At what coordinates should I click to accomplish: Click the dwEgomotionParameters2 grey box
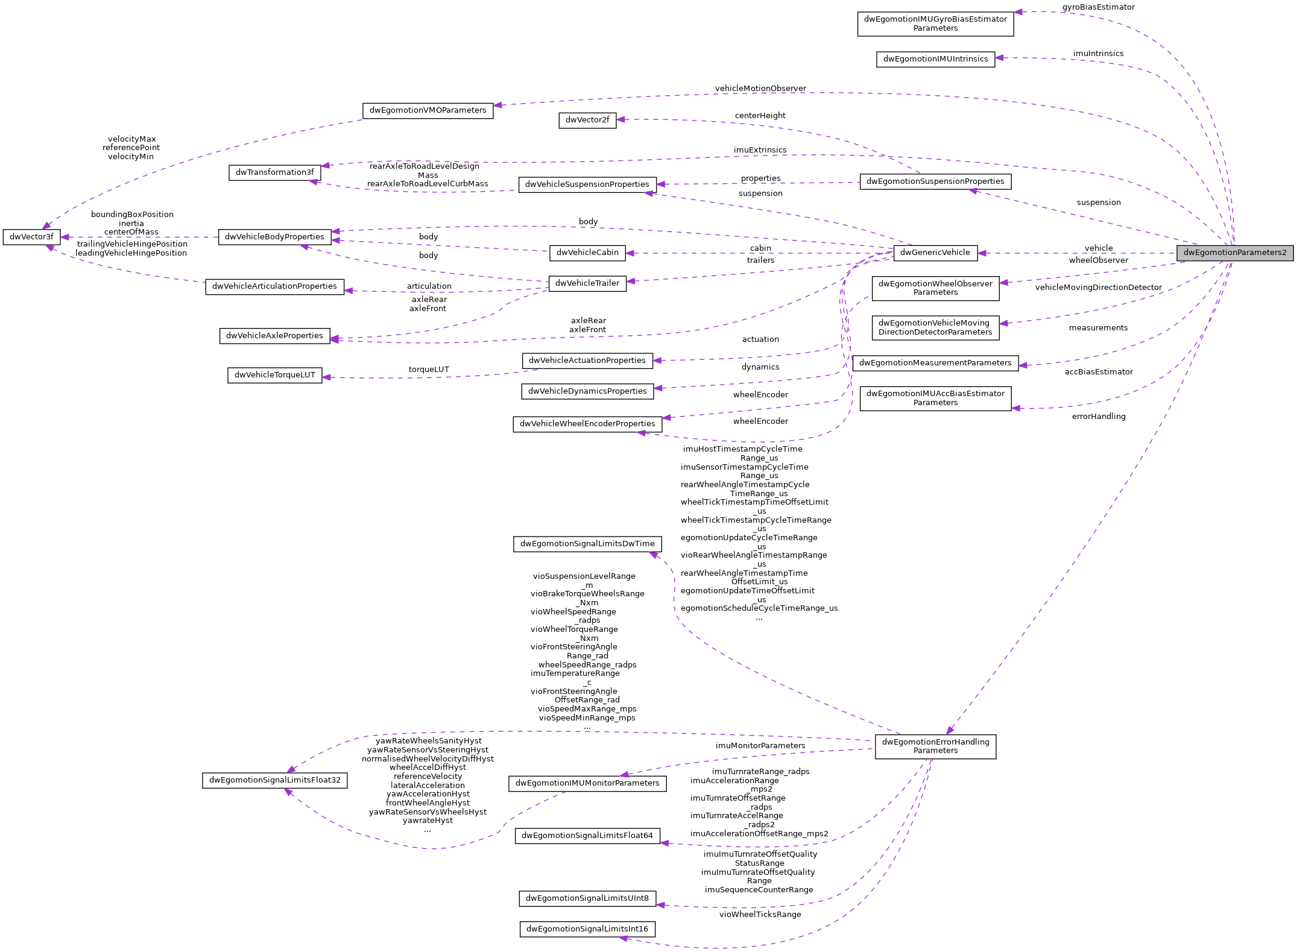pos(1234,253)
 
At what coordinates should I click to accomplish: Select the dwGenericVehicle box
pos(935,253)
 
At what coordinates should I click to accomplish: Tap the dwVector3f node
pos(31,237)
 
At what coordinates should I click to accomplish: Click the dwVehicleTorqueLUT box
pos(274,375)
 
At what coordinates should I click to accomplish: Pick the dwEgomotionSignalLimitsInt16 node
pos(587,929)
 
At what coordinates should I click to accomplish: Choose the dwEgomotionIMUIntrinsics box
pos(935,59)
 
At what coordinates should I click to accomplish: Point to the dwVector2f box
pos(587,120)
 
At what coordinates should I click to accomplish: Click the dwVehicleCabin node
pos(587,253)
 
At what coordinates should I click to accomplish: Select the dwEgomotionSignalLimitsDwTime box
pos(587,544)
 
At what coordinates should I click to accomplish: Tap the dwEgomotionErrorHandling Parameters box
pos(935,746)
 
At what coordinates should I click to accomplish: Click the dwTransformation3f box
pos(274,172)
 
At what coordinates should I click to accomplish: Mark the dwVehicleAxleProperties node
pos(274,336)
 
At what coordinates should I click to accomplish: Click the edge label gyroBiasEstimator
pos(1098,7)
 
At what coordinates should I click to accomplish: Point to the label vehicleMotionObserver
pos(760,89)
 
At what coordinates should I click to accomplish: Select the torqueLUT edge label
pos(429,370)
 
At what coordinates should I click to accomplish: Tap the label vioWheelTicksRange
pos(760,915)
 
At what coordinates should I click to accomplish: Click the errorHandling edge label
pos(1098,417)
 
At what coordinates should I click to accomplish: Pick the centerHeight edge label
pos(760,116)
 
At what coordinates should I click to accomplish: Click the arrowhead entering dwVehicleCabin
pos(630,253)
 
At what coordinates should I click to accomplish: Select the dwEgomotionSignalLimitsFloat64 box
pos(587,836)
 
